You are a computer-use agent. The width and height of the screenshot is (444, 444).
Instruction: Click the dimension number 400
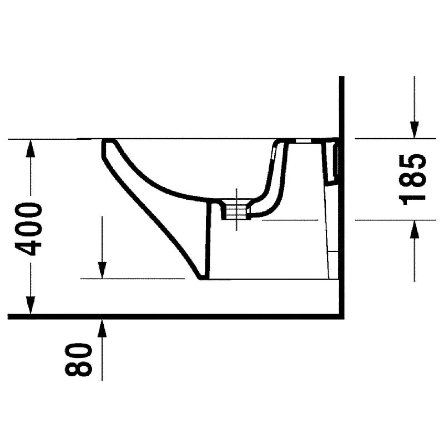[x=29, y=229]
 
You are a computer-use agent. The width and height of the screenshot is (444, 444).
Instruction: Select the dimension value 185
[x=412, y=179]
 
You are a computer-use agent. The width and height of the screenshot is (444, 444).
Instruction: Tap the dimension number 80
[x=78, y=359]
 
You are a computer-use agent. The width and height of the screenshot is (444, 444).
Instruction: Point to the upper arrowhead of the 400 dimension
[x=31, y=148]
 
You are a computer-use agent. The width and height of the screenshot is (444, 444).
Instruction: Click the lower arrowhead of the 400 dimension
[x=31, y=305]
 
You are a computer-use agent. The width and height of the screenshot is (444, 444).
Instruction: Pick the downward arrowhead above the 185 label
[x=415, y=130]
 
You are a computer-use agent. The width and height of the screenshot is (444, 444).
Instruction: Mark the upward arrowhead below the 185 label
[x=415, y=229]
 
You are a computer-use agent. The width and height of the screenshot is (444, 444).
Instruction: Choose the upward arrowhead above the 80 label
[x=102, y=328]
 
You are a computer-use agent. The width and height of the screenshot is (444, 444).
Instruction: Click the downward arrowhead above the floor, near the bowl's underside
[x=102, y=270]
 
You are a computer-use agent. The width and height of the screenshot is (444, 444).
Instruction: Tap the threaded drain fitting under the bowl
[x=235, y=209]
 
